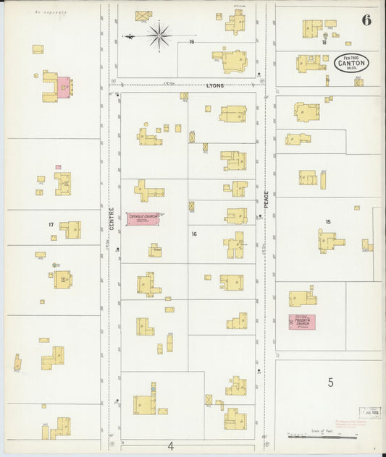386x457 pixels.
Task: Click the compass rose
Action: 158,33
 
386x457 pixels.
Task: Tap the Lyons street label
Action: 214,85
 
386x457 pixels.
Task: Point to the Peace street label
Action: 266,197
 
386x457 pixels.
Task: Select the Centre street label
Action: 112,220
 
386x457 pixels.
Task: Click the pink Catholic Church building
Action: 142,218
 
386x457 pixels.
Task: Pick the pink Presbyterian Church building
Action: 302,323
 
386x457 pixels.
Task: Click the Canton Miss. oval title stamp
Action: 352,64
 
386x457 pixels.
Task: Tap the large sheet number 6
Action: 366,20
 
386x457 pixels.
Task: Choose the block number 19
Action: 192,42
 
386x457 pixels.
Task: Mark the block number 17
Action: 51,225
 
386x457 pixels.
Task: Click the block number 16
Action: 194,234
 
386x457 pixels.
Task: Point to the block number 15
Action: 328,221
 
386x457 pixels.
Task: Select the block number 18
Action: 324,43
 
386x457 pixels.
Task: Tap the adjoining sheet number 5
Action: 330,383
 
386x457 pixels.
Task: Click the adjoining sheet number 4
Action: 171,445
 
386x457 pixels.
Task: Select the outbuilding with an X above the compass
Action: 143,15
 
